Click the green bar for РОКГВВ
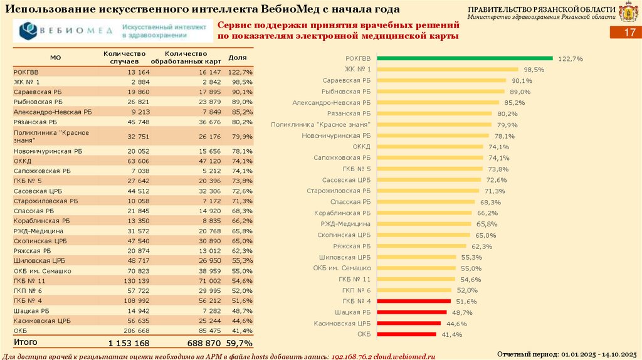(464, 58)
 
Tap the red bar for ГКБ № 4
(414, 301)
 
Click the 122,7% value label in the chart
(570, 58)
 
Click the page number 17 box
(628, 35)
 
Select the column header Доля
(238, 57)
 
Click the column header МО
(55, 57)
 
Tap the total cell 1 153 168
(129, 343)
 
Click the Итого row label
(26, 342)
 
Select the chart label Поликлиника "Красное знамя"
(320, 125)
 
